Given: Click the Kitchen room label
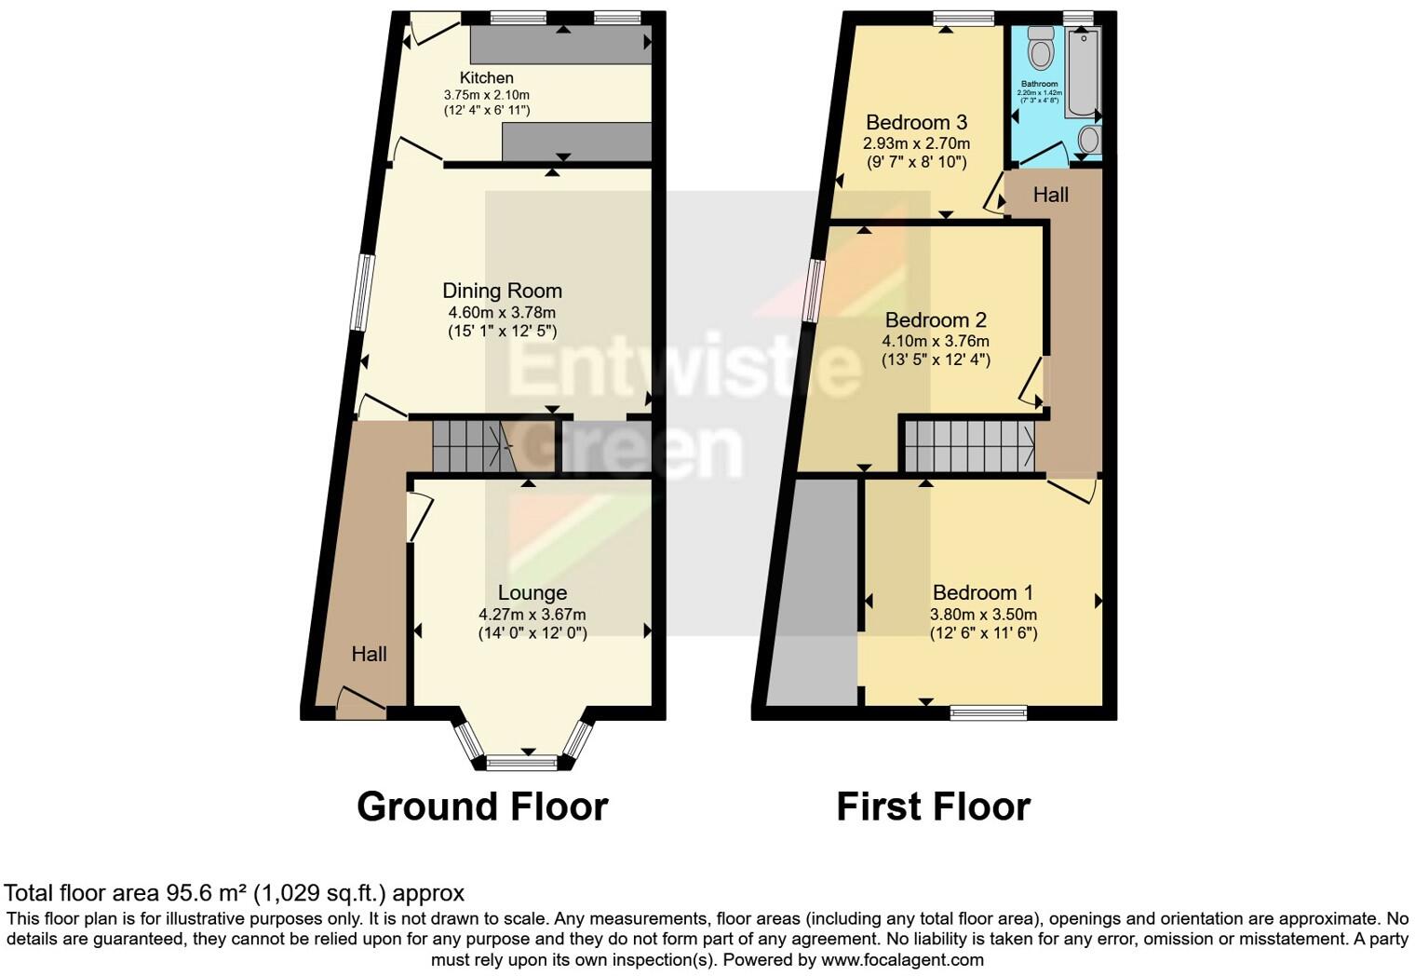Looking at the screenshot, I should coord(486,77).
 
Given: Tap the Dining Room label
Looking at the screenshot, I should coord(502,291).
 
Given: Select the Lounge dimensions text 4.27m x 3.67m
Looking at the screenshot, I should coord(532,615).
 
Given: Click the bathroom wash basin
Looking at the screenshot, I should coord(1089,141).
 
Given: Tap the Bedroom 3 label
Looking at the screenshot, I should coord(916,122).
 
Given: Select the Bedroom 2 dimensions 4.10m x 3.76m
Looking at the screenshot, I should coord(936,342).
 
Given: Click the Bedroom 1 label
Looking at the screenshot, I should coord(982,592).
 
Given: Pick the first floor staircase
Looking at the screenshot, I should coord(969,446).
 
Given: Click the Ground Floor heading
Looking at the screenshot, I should coord(482,807).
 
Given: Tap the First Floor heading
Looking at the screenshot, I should coord(933,807).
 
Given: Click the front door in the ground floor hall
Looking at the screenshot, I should coord(361,703).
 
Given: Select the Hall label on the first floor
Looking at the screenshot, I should coord(1050,195).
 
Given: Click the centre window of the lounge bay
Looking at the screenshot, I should coord(520,764).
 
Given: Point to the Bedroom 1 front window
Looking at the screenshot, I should coord(988,713).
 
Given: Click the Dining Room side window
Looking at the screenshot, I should coord(361,292).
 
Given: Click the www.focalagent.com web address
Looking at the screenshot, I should coord(902,959).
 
